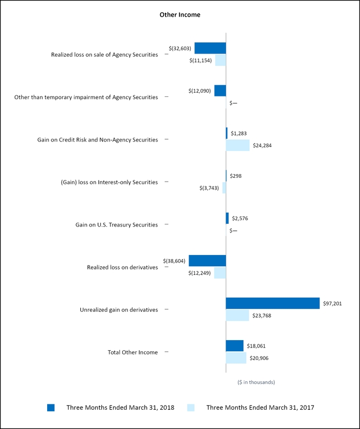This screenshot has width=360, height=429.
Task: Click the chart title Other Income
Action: coord(180,15)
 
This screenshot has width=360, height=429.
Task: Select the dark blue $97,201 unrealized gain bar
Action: coord(273,303)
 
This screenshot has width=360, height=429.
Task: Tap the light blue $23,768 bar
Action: coord(237,315)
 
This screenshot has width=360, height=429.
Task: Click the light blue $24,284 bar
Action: coord(238,145)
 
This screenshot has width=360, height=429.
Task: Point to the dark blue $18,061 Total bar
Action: coord(235,346)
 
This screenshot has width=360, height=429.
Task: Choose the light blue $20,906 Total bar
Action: coord(236,358)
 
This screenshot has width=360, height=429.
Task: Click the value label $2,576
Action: coord(240,218)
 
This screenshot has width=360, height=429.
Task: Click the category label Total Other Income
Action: coord(133,352)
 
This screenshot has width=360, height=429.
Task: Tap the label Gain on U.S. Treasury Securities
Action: coord(117,224)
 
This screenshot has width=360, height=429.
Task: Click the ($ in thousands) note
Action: coord(256,382)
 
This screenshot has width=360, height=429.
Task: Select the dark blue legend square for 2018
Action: coord(51,408)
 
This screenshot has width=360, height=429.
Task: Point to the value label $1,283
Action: coord(239,133)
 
